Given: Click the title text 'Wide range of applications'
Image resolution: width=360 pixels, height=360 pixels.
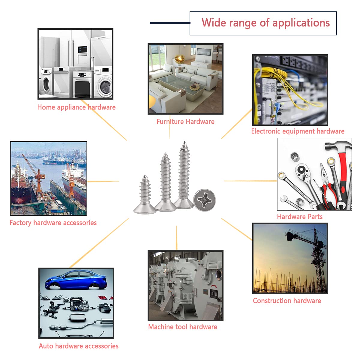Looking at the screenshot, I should tap(265, 23).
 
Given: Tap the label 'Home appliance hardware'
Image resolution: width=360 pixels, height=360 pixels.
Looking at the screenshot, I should tap(76, 107).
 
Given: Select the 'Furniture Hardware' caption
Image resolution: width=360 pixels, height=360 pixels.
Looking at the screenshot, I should tap(185, 121).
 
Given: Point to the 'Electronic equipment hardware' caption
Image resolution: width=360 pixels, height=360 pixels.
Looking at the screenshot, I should tap(298, 131).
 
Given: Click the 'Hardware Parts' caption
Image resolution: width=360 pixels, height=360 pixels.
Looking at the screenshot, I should tap(300, 217).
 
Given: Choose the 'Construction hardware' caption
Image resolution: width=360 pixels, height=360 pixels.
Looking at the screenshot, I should tap(287, 301).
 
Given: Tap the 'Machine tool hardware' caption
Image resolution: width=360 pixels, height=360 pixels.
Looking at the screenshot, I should tap(182, 327).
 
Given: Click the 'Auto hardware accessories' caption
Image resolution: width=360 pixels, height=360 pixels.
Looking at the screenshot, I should tap(79, 346).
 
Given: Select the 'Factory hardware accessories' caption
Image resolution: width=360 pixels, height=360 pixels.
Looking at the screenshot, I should tap(53, 223).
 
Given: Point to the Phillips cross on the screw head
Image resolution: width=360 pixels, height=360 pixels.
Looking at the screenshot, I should tap(205, 199).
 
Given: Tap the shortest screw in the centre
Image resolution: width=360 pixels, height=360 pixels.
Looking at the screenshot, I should tap(145, 195).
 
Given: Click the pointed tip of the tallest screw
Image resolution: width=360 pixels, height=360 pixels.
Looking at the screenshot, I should tap(184, 143).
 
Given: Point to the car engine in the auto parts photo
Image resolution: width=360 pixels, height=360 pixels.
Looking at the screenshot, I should tap(79, 304).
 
